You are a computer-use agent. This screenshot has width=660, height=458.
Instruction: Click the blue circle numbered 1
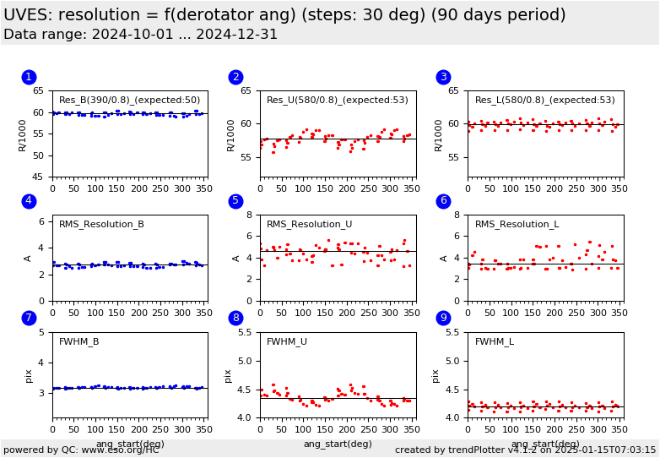coord(29,77)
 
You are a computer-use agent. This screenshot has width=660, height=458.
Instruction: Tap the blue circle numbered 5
coord(236,201)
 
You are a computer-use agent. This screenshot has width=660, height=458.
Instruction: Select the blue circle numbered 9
coord(444,318)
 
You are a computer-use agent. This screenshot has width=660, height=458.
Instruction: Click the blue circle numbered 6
coord(444,201)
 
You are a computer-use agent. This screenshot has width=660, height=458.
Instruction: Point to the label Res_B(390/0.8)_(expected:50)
coord(129,100)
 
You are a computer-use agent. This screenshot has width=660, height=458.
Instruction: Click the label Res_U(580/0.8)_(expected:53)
coord(337,100)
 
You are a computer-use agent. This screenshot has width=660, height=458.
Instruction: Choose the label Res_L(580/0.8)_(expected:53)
coord(544,100)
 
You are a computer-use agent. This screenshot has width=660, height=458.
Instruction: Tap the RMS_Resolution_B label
coord(101,224)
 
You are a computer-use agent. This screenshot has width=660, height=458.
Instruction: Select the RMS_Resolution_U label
coord(309,224)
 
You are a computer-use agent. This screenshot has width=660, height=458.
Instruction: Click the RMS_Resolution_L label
coord(517,224)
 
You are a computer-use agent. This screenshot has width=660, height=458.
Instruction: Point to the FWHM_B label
coord(78,341)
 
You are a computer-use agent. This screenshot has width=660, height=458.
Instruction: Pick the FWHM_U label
coord(286,341)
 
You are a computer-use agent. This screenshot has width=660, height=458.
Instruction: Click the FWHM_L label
coord(494,341)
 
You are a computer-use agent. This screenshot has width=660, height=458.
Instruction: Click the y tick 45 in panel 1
coord(39,177)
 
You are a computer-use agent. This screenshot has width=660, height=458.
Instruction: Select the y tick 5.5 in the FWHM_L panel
coord(452,333)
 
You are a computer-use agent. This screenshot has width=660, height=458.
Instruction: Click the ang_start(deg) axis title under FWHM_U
coord(338,444)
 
